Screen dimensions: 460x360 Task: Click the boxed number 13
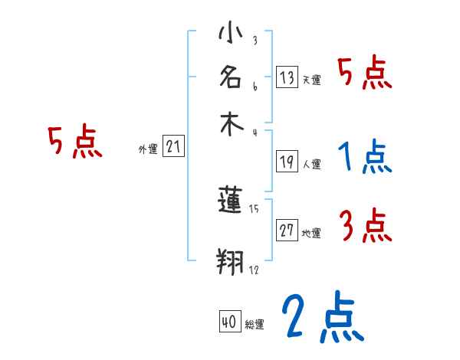287,77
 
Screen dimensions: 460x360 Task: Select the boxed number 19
287,161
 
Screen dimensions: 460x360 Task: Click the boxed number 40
229,322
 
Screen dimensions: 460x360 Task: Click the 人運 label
311,164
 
